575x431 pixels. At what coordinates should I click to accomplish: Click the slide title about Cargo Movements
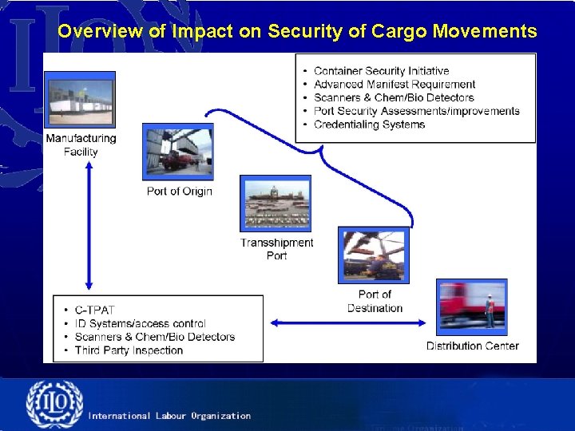297,31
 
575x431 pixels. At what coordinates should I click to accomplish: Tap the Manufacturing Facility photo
80,100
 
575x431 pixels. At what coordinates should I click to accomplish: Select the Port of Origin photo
177,152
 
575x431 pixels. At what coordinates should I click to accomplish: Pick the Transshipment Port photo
276,204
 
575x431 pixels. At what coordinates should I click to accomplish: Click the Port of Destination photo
373,255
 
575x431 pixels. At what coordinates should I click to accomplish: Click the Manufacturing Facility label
81,144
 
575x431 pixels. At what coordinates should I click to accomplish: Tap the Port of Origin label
180,191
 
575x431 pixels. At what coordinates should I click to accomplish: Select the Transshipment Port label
277,249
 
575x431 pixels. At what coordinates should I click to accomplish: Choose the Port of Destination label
375,301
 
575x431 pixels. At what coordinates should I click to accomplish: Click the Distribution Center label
472,346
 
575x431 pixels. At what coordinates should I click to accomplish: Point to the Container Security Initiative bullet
381,71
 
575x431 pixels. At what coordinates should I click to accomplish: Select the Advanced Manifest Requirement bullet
395,84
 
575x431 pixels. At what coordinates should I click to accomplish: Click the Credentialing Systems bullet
369,125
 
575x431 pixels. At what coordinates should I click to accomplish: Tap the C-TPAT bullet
94,310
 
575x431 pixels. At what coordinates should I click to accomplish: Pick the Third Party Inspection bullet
129,350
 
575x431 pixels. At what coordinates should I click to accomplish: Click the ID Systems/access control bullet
140,323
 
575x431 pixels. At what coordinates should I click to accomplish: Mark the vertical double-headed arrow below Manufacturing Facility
89,225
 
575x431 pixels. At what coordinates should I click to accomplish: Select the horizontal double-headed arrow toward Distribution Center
348,323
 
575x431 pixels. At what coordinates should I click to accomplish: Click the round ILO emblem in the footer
54,405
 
